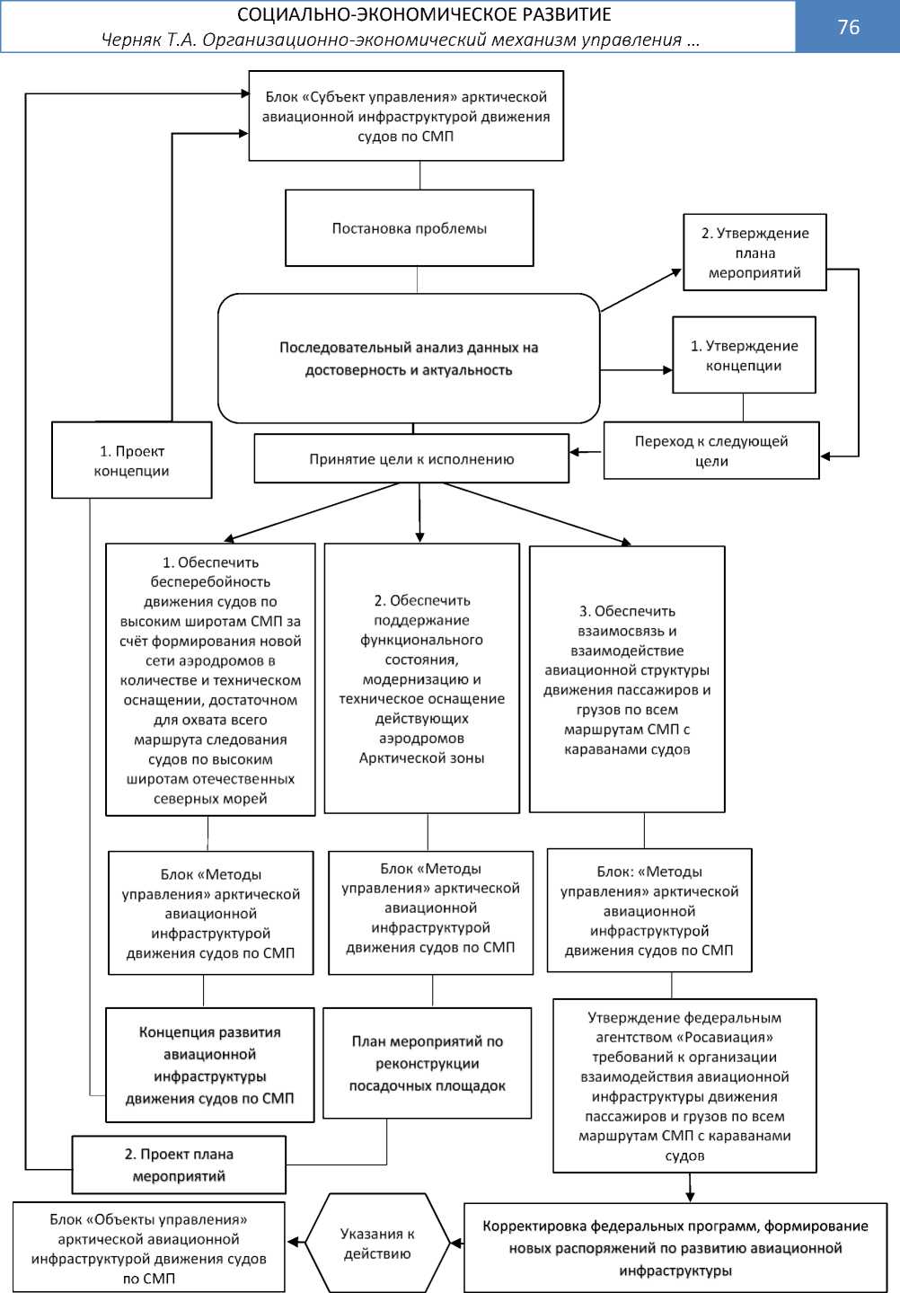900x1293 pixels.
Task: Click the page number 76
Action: [848, 27]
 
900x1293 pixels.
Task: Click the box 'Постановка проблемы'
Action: [410, 228]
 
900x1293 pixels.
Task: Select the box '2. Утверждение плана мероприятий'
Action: [754, 252]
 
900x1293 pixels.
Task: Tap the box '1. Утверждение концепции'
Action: [744, 355]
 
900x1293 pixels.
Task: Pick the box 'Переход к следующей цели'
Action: [711, 451]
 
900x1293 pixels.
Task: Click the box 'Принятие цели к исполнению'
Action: [411, 459]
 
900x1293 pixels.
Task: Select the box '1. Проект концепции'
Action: [132, 461]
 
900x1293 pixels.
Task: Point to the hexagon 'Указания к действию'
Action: [377, 1244]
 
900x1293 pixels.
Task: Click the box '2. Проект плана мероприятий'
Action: [179, 1165]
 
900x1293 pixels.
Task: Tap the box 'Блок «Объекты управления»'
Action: [149, 1248]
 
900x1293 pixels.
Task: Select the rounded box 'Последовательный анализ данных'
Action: [409, 359]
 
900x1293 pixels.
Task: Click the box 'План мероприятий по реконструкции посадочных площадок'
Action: [428, 1064]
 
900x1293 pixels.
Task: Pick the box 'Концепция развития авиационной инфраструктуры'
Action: [210, 1066]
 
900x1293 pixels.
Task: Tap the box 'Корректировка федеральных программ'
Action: [675, 1248]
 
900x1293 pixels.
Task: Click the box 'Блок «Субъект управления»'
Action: [406, 117]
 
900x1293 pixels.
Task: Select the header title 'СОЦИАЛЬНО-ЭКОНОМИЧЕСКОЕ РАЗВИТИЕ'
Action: [424, 14]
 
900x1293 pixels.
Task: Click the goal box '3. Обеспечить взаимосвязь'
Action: [627, 680]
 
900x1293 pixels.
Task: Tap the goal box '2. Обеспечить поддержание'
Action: [422, 679]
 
